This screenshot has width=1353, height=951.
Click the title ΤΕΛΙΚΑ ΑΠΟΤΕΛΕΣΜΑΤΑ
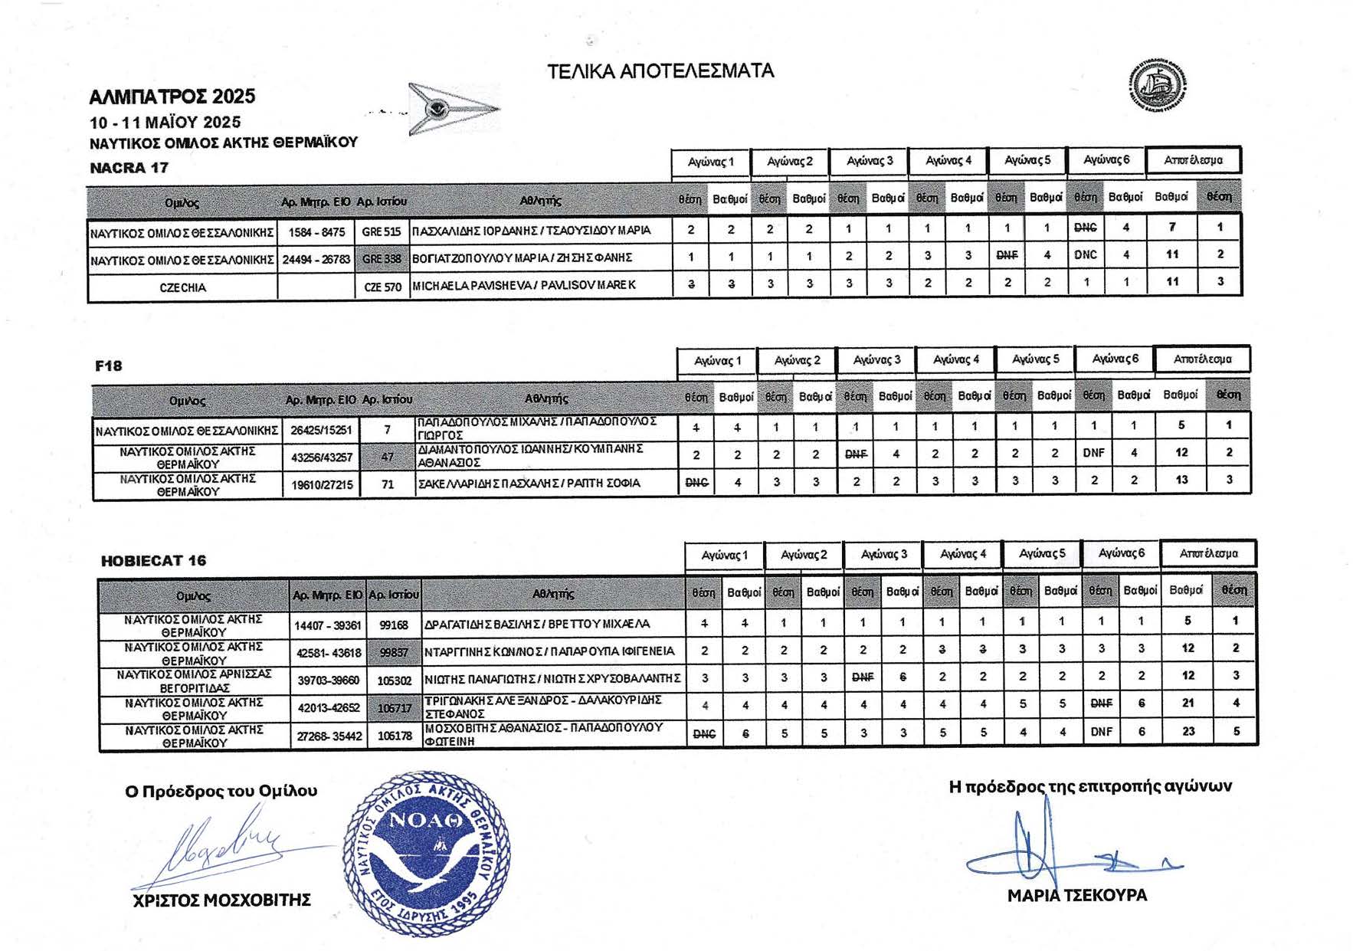[x=660, y=71]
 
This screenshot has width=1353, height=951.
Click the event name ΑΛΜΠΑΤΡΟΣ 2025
[x=172, y=97]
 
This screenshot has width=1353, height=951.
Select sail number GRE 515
[x=382, y=231]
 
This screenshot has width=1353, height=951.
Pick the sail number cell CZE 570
[x=382, y=287]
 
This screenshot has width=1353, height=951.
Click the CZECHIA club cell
[x=182, y=287]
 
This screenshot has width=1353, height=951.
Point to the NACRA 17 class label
[x=129, y=168]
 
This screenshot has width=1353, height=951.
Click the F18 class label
[x=109, y=366]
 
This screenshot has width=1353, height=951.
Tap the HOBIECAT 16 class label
[x=153, y=560]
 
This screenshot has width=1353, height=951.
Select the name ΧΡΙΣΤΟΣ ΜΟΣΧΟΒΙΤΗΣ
[x=221, y=900]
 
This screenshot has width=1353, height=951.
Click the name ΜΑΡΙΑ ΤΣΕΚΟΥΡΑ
[x=1076, y=895]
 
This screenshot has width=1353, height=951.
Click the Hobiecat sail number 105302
[x=395, y=680]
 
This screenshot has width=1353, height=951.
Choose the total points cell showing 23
[x=1188, y=731]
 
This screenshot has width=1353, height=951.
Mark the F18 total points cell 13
[x=1181, y=480]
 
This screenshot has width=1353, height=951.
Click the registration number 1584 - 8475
[x=316, y=231]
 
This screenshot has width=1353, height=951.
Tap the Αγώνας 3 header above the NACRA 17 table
[x=870, y=161]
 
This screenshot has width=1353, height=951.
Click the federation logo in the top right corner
[x=1158, y=84]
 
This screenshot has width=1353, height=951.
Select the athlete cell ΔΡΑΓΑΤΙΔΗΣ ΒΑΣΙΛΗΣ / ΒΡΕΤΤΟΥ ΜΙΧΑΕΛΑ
[x=537, y=624]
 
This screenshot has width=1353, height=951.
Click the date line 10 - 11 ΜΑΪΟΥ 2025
[x=165, y=123]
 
